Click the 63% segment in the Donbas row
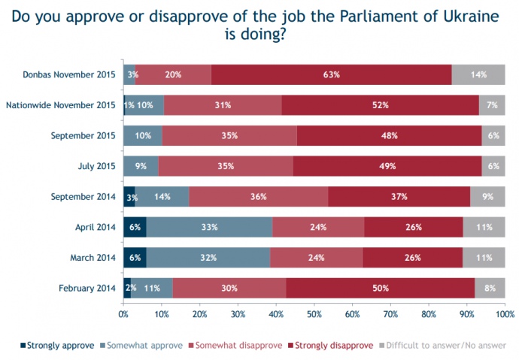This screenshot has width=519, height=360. point(332,74)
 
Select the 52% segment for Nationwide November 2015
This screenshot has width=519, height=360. point(380,105)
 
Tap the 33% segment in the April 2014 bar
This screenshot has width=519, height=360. point(209,227)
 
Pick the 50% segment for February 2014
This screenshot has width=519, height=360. point(380,288)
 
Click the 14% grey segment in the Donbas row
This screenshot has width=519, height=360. point(478,74)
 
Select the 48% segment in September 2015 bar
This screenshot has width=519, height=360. point(389,136)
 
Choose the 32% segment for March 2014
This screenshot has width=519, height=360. point(208,258)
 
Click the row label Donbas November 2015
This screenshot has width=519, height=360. point(69,74)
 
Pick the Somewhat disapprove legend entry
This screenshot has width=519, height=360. point(240,346)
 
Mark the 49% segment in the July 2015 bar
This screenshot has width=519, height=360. point(387,166)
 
